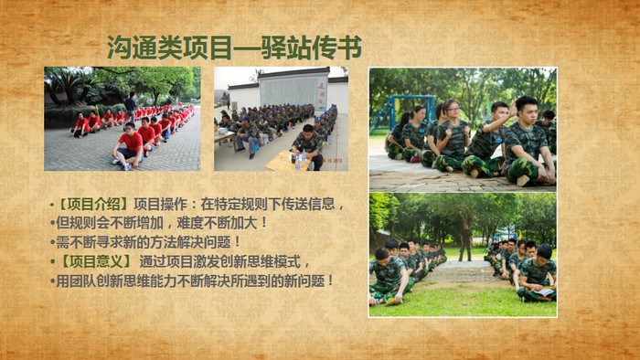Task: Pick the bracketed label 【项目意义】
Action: pyautogui.click(x=94, y=261)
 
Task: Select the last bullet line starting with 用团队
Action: pyautogui.click(x=192, y=281)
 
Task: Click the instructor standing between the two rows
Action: pyautogui.click(x=465, y=242)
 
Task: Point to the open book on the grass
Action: pyautogui.click(x=544, y=291)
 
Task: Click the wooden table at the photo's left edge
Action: pyautogui.click(x=225, y=139)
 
